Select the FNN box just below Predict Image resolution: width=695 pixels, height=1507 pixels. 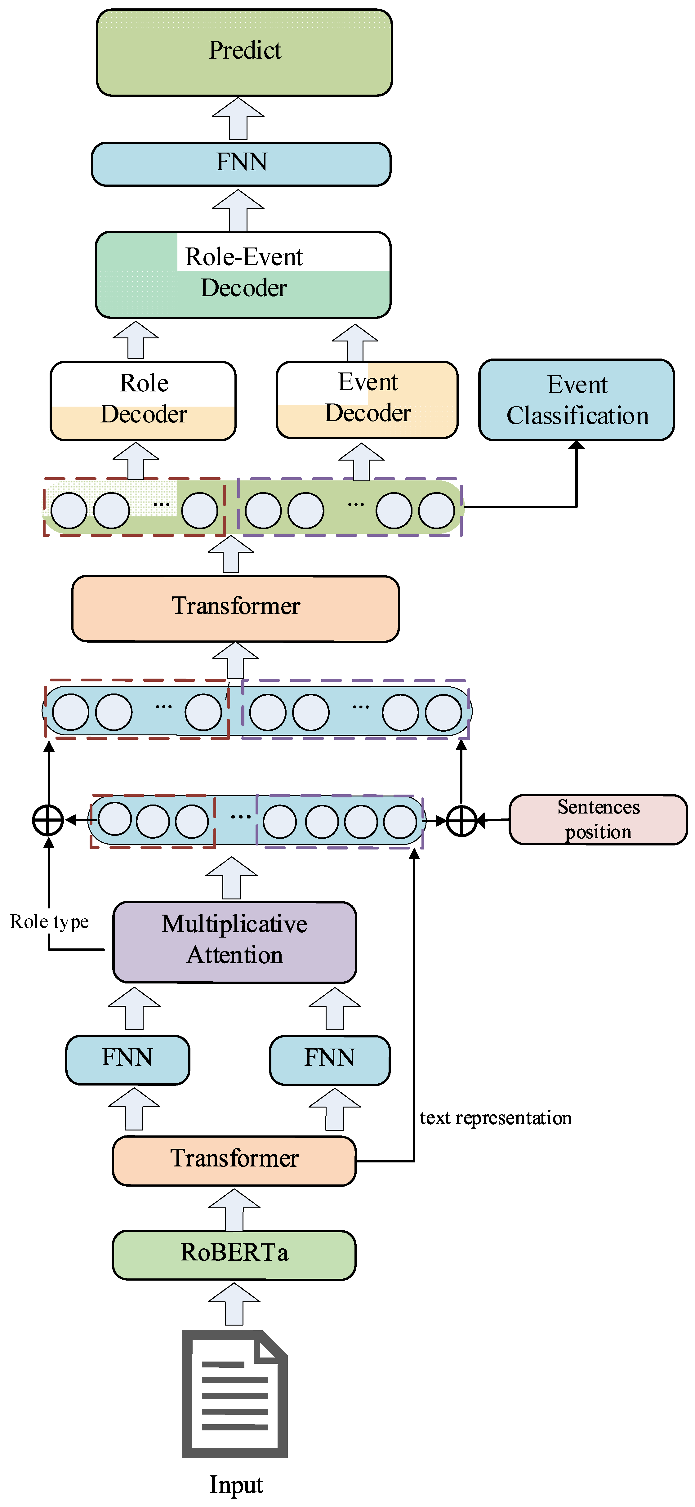tap(241, 164)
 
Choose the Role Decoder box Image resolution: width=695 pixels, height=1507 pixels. tap(143, 401)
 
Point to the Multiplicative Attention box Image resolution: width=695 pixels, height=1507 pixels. tap(234, 942)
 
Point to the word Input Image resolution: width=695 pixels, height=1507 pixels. tap(236, 1484)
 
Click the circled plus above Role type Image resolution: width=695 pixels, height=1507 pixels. tap(48, 820)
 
